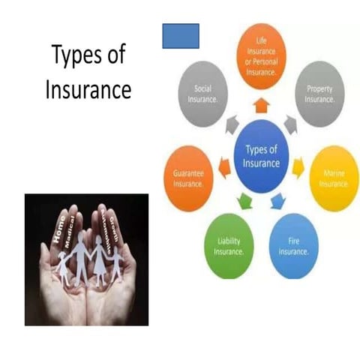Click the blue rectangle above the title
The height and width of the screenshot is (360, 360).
(x=181, y=36)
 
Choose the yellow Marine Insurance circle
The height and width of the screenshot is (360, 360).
(x=334, y=178)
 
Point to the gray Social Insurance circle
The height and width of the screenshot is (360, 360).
(x=202, y=94)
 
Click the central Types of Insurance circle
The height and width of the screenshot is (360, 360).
(x=262, y=157)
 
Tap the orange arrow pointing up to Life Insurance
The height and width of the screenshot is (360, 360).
(x=262, y=105)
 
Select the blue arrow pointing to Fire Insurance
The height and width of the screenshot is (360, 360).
(x=279, y=199)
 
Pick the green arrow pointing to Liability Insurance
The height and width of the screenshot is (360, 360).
(x=244, y=199)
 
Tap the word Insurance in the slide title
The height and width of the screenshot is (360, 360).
(x=88, y=90)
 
